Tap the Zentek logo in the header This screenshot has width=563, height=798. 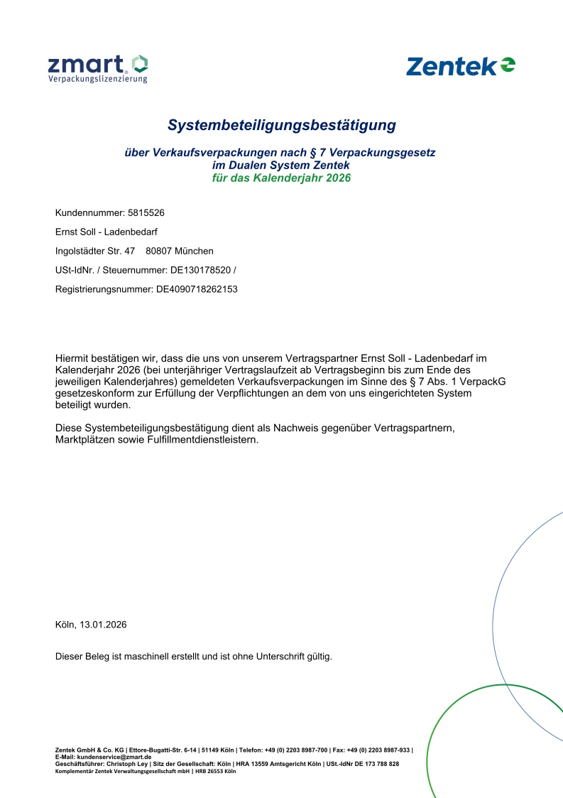tap(461, 66)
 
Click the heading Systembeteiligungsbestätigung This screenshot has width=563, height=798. tap(281, 126)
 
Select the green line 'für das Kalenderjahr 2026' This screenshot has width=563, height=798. tap(281, 178)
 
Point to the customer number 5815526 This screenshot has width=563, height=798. tap(146, 212)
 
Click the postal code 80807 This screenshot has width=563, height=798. tap(159, 251)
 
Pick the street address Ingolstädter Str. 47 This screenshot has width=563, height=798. tap(95, 251)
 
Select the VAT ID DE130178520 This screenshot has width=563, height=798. tap(200, 270)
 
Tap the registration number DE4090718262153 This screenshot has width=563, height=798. tap(197, 289)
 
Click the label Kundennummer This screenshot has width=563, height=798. tap(89, 212)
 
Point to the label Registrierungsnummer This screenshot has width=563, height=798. tap(104, 289)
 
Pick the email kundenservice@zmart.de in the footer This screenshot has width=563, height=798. tap(109, 757)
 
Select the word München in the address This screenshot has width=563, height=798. tap(194, 251)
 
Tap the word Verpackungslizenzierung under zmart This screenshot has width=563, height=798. tap(97, 80)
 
